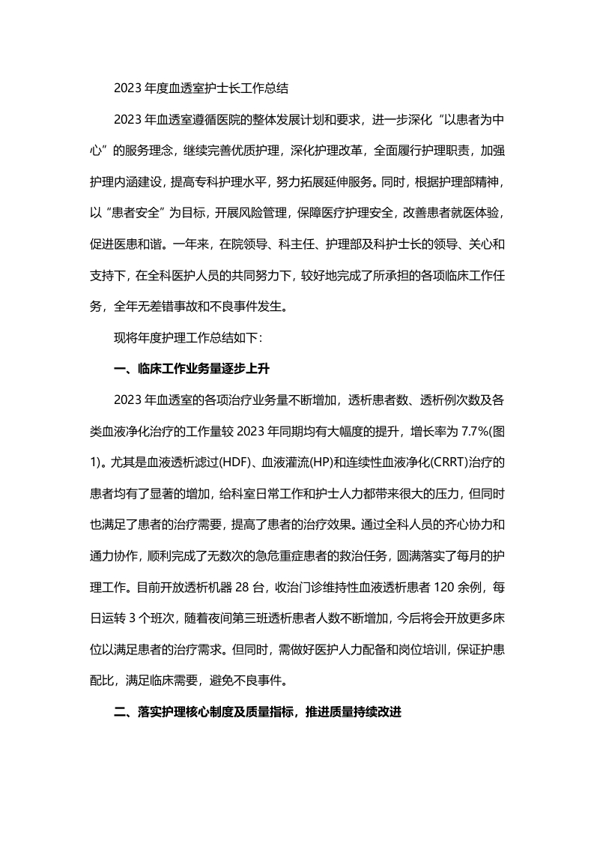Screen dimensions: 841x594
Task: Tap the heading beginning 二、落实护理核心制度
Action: coord(258,712)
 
